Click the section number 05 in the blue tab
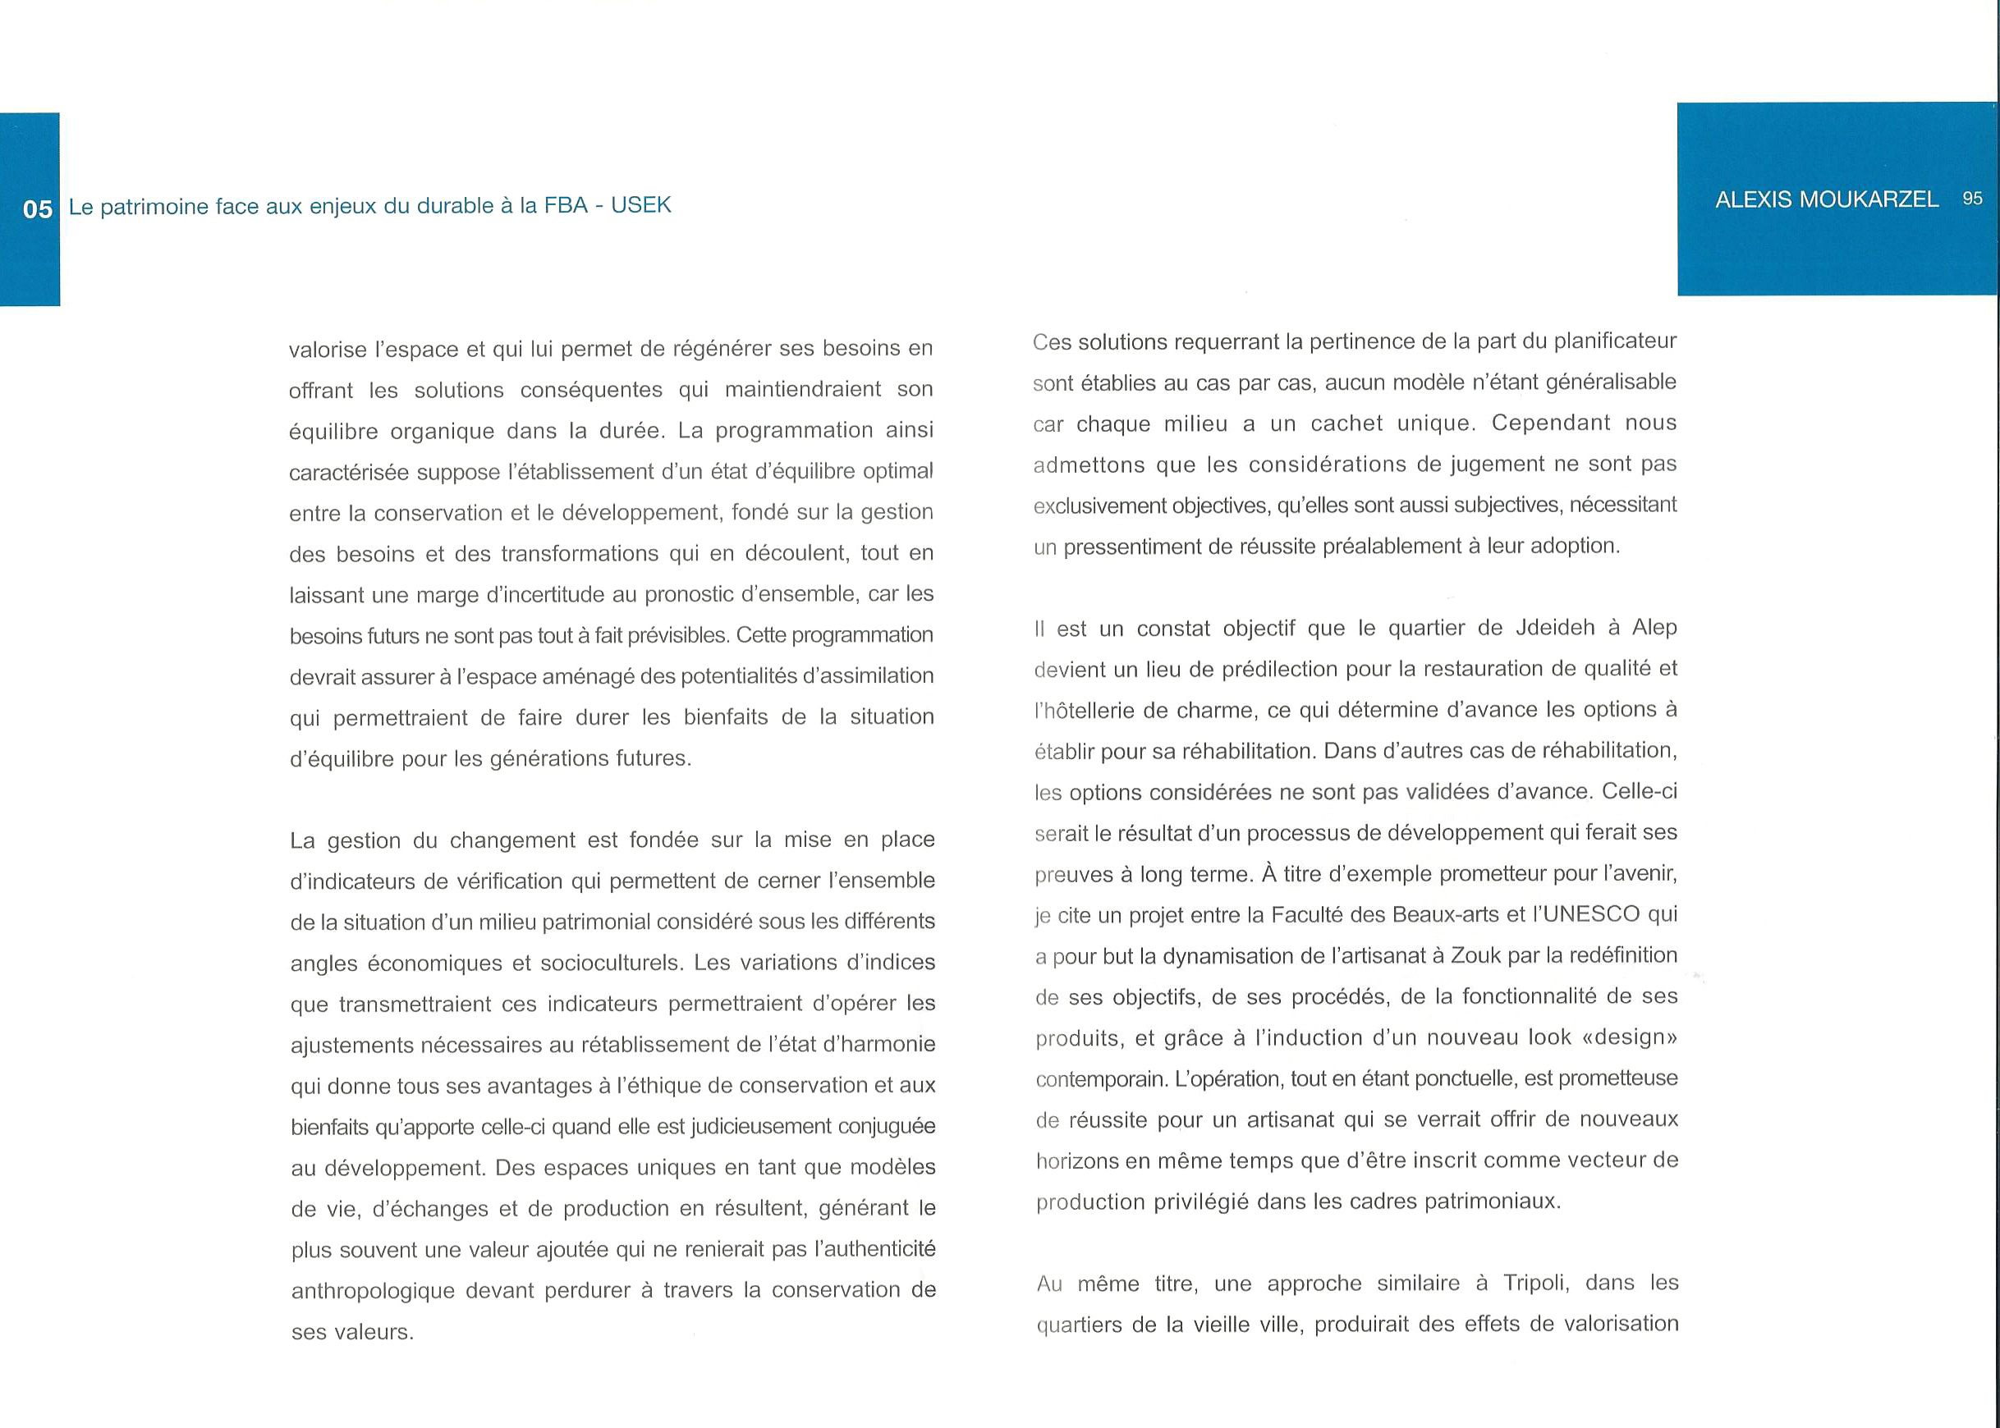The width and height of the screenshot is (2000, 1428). click(x=37, y=209)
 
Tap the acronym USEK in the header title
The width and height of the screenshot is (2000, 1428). click(x=640, y=205)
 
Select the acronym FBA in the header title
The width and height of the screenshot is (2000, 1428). click(x=566, y=205)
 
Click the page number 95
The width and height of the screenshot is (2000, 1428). click(x=1973, y=199)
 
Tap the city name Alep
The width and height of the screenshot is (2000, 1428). click(x=1654, y=628)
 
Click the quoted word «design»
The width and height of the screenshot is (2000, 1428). click(x=1629, y=1037)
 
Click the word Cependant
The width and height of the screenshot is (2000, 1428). click(x=1551, y=423)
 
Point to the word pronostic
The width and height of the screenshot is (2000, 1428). click(x=688, y=594)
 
